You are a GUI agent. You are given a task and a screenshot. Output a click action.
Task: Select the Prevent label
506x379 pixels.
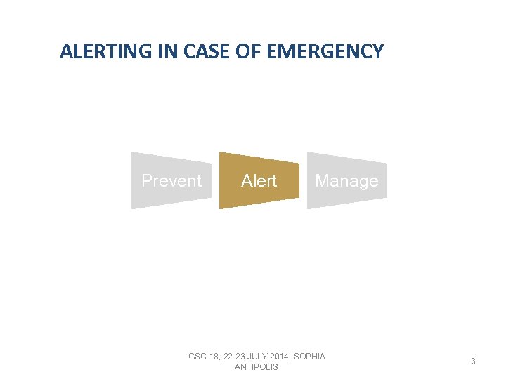(171, 181)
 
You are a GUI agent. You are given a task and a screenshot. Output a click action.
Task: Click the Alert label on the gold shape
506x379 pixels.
(259, 181)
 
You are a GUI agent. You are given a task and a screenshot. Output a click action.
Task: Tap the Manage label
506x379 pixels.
(346, 181)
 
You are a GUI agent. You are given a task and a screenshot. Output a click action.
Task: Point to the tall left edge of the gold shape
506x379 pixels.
(220, 180)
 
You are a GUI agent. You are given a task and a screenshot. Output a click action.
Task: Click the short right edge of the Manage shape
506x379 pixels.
(386, 180)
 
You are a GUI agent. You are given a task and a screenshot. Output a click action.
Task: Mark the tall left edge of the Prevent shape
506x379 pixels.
(132, 180)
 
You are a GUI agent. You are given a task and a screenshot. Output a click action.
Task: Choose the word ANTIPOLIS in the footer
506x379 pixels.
(257, 367)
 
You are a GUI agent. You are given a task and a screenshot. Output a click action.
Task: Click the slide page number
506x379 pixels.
(474, 361)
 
